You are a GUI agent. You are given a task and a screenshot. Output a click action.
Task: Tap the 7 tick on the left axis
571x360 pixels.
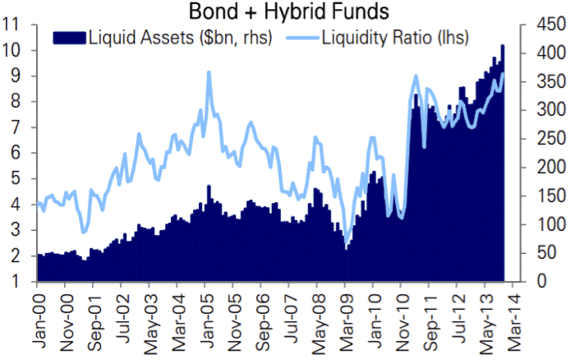click(16, 127)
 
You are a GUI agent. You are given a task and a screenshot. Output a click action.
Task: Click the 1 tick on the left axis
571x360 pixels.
click(16, 282)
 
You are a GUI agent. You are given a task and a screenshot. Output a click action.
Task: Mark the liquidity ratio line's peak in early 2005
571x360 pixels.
click(209, 72)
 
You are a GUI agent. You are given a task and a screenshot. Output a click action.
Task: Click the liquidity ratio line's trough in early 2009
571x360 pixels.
click(347, 246)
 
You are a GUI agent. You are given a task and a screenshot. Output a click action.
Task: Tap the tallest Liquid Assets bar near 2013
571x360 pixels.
click(502, 45)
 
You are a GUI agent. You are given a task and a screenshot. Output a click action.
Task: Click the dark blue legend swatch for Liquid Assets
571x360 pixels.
click(69, 37)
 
